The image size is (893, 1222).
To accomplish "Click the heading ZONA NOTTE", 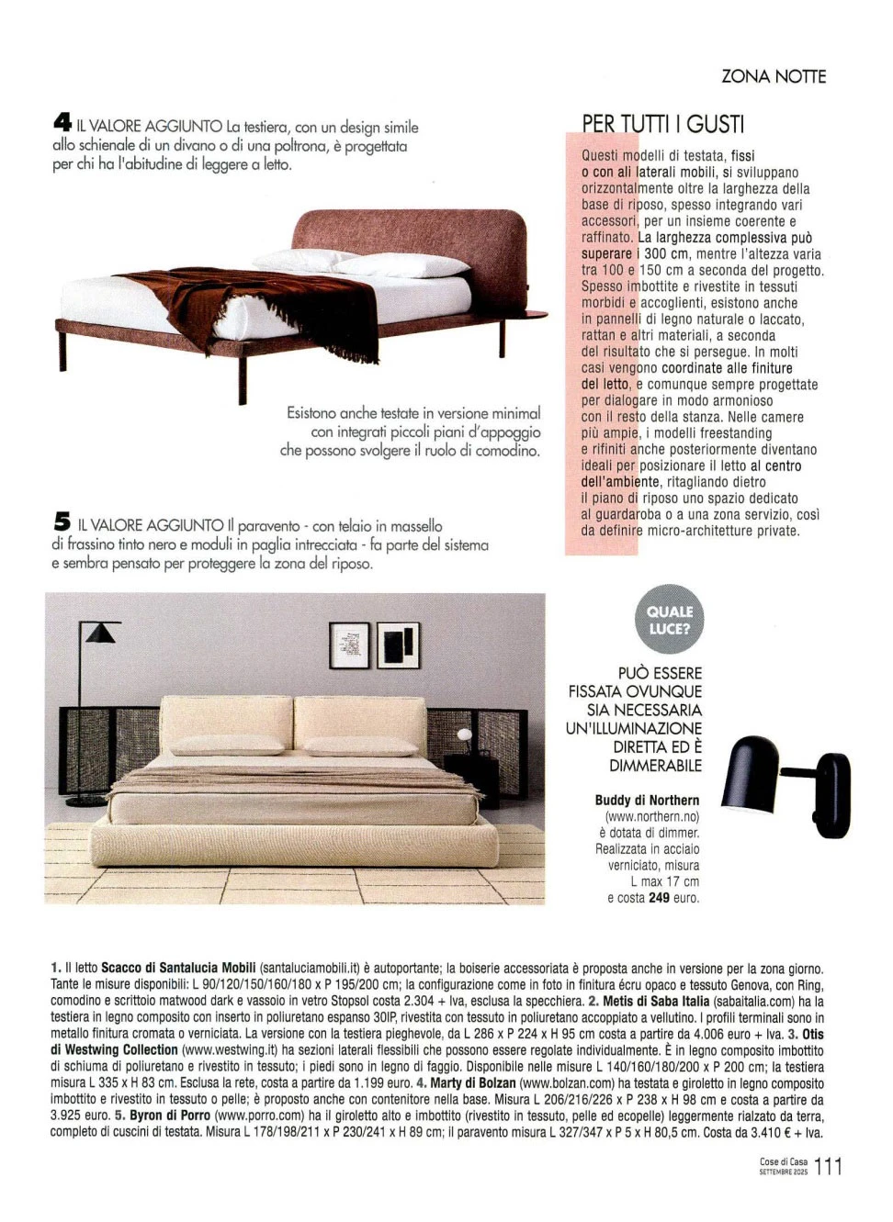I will point(774,76).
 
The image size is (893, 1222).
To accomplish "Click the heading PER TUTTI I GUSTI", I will point(662,124).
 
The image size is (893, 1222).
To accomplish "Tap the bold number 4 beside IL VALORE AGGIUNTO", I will point(62,123).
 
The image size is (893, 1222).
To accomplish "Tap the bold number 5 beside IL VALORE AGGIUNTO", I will point(62,522).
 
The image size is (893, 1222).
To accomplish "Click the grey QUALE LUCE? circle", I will point(670,620).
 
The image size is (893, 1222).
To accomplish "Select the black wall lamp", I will point(789,787).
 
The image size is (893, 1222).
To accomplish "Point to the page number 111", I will point(828,1167).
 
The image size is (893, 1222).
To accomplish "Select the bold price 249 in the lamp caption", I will point(659,898).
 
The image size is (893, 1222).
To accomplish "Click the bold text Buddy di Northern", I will point(647,801).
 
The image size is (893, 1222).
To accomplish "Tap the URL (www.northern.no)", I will point(651,817).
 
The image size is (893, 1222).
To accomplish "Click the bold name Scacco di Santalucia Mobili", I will point(178,969).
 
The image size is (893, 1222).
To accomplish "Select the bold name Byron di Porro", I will point(170,1115).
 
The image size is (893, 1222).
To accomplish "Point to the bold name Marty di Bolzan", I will point(473,1083).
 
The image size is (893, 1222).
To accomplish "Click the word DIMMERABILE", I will point(655,766).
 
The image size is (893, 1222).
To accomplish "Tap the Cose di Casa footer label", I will point(783,1162).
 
